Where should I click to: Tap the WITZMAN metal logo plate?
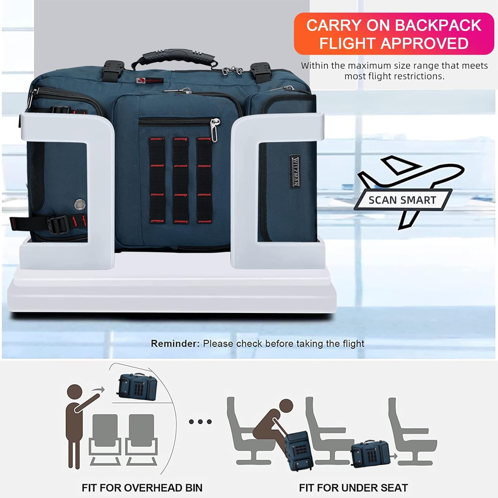295,171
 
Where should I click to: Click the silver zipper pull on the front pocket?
215,129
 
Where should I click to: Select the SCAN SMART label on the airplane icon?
402,200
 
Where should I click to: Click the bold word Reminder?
175,343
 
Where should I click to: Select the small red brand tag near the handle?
149,80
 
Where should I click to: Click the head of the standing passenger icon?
74,392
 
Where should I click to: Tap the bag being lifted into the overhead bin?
137,387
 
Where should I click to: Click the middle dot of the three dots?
200,422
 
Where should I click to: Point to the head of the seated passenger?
286,407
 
